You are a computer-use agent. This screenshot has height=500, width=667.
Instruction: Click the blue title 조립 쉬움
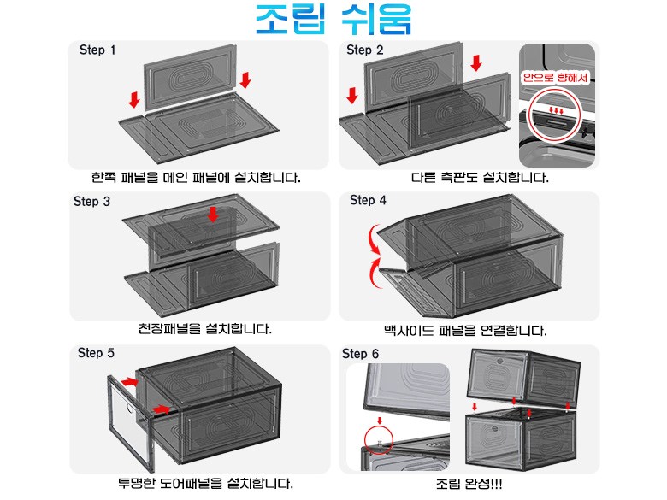(333, 19)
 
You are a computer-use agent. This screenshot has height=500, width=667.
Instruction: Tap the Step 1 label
(97, 50)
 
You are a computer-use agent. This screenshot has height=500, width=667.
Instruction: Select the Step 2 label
(365, 50)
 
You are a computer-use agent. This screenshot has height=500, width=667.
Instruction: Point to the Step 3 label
(91, 201)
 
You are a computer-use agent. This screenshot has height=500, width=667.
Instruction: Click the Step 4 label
(368, 200)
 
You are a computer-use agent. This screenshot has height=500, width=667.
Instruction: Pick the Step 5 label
(96, 353)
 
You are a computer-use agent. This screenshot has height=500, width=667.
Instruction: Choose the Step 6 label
(360, 354)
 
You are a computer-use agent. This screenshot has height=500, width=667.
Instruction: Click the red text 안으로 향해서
(556, 78)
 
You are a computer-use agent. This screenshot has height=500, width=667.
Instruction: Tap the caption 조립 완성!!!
(469, 484)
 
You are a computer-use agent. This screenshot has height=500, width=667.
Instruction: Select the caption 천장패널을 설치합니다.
(205, 329)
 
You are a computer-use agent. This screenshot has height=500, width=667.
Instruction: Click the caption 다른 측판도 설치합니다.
(480, 177)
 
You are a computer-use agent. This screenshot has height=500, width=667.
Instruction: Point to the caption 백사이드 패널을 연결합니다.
(465, 331)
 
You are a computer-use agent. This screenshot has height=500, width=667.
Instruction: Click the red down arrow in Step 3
(213, 215)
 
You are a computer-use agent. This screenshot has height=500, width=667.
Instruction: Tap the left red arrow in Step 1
(134, 99)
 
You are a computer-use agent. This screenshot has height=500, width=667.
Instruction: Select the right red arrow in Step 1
(245, 80)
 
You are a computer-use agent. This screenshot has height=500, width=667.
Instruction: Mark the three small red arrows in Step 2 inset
(557, 110)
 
